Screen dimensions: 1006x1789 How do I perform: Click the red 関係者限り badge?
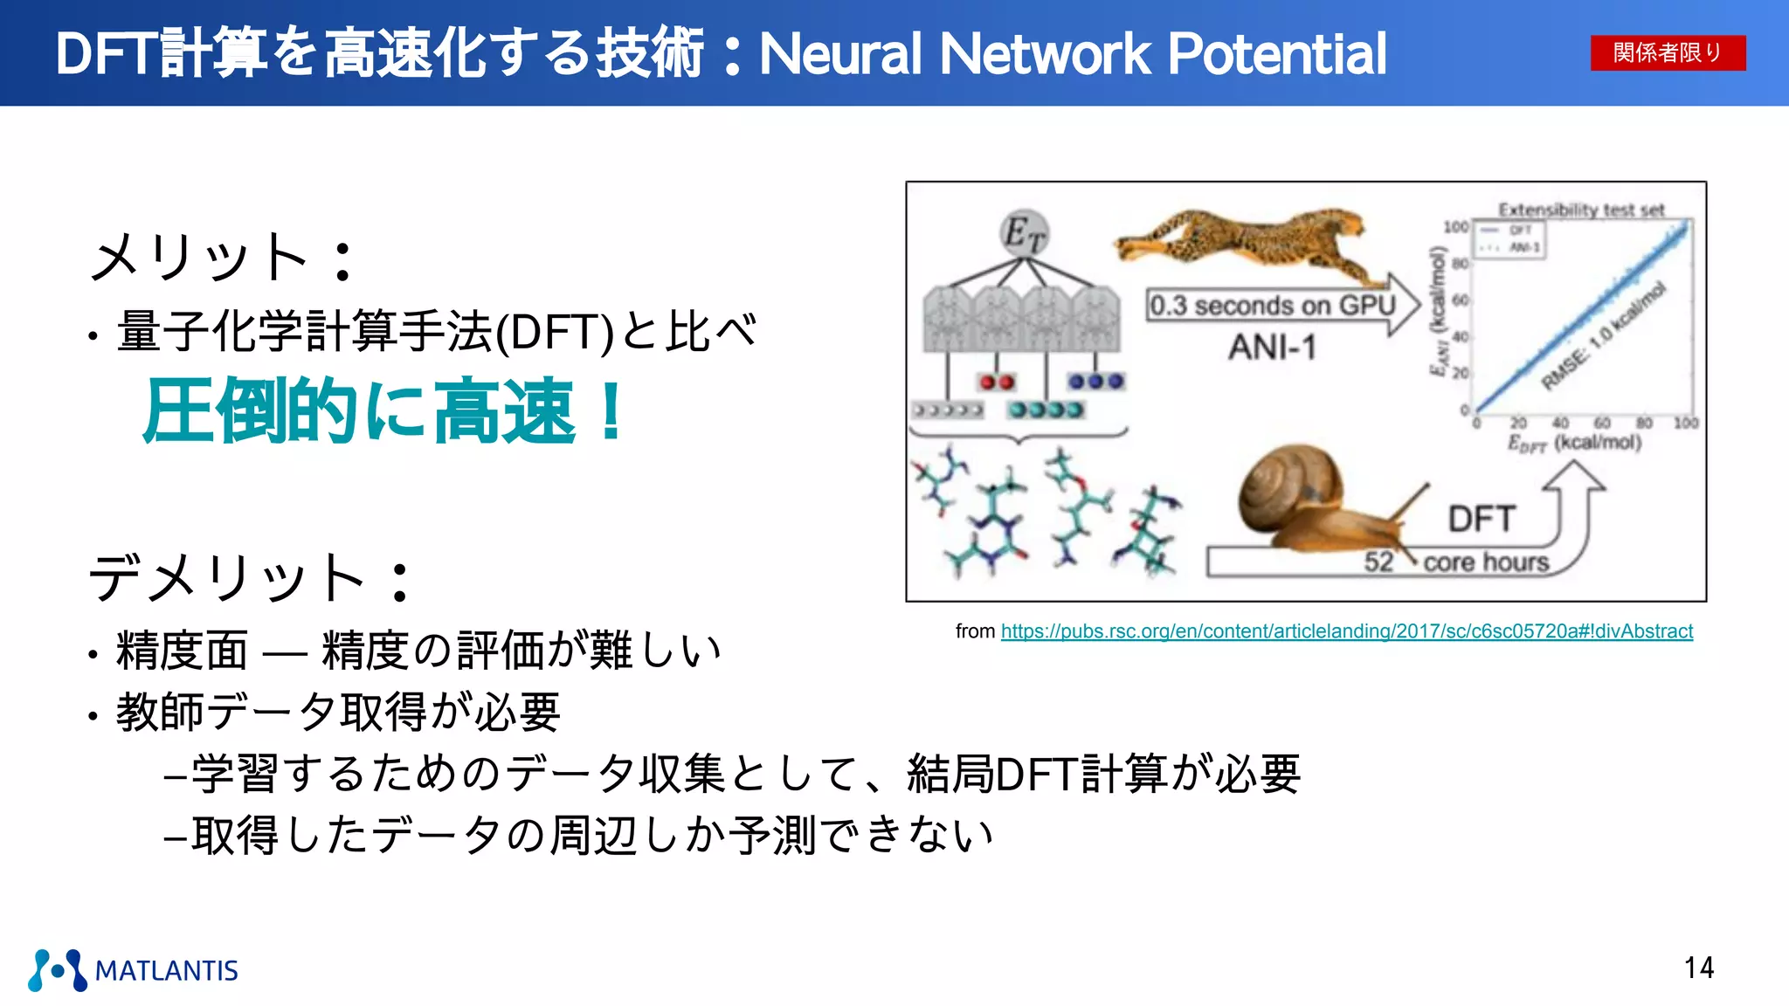point(1667,52)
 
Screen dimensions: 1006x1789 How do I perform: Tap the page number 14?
point(1698,968)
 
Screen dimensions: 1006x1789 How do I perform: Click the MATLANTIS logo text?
point(166,970)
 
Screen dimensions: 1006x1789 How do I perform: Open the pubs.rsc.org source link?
point(1346,630)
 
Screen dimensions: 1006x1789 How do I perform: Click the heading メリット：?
point(223,258)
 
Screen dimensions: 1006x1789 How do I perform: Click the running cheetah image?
point(1240,236)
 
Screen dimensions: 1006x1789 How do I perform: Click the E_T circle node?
point(1023,233)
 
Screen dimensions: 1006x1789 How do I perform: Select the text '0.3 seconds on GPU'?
point(1272,306)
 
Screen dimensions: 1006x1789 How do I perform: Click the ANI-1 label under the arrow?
point(1272,348)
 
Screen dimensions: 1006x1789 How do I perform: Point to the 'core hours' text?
point(1486,562)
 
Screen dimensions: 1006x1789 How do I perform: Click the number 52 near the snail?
point(1378,562)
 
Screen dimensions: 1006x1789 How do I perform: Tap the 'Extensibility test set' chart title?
point(1581,210)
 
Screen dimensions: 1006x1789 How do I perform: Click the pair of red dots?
point(996,382)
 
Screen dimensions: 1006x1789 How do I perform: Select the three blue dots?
point(1095,382)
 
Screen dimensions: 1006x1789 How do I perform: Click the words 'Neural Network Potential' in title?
point(1073,54)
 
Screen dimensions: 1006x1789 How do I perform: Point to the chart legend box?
point(1509,238)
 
